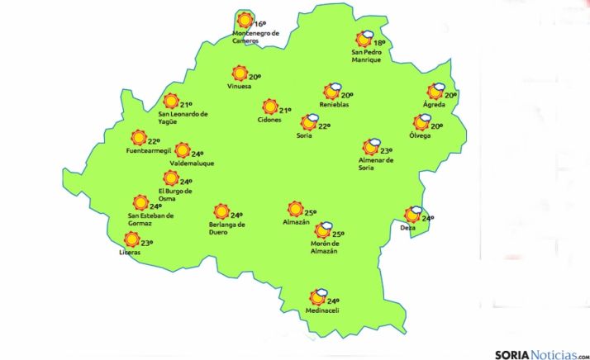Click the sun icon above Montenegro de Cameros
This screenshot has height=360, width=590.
[244, 21]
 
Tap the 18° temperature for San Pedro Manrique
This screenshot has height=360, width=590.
[379, 43]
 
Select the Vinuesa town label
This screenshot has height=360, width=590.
[240, 86]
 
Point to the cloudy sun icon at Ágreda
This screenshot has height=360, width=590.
[435, 92]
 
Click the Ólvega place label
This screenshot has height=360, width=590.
[421, 135]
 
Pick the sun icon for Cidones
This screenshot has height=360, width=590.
[269, 107]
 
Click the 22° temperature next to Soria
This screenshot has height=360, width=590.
[325, 126]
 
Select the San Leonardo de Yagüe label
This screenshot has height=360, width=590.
[183, 117]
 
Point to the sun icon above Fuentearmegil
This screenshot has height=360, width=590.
[139, 138]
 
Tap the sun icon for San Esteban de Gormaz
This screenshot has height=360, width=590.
[141, 201]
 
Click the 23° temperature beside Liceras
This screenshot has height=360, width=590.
[147, 243]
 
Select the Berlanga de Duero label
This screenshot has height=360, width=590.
[228, 228]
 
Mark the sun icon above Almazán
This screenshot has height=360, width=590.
[295, 210]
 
